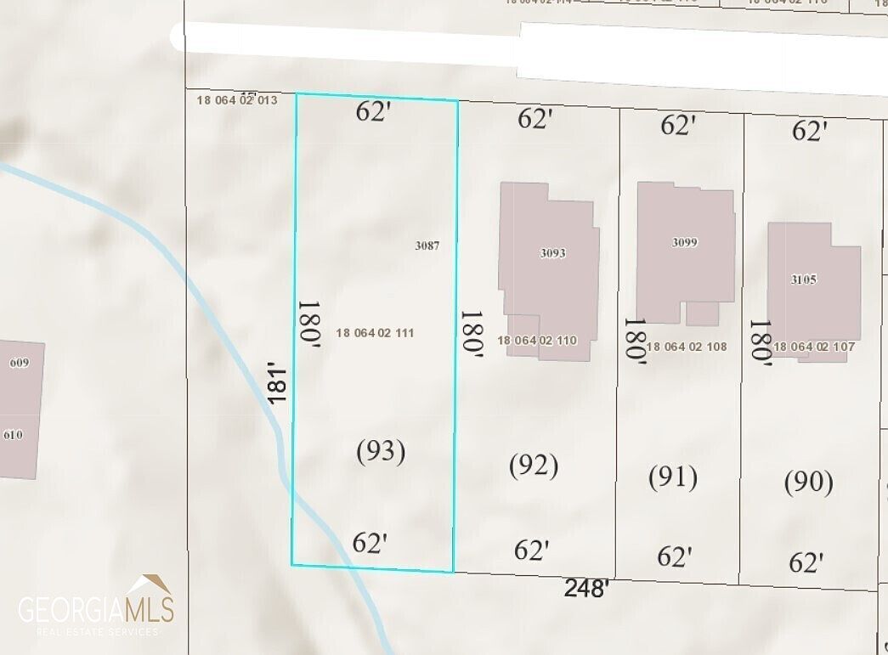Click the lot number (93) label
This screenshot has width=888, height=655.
(x=380, y=451)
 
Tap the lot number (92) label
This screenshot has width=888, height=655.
(x=534, y=465)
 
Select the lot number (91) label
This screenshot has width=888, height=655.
(x=673, y=477)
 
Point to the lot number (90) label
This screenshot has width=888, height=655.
(x=808, y=482)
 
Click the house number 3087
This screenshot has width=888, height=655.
(x=427, y=246)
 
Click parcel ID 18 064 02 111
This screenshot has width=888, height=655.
(x=375, y=333)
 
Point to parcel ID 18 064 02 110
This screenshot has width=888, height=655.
(x=537, y=341)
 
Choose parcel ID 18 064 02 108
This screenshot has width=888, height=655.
(x=687, y=347)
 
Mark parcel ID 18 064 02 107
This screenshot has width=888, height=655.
(x=814, y=347)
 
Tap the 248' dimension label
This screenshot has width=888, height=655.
(x=587, y=588)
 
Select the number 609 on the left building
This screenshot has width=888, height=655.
(x=19, y=364)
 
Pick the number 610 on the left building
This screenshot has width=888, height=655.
(x=13, y=435)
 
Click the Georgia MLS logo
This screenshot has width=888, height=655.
(x=96, y=606)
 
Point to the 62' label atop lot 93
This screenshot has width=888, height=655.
(x=372, y=112)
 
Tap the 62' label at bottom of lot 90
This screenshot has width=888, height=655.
(x=806, y=562)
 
